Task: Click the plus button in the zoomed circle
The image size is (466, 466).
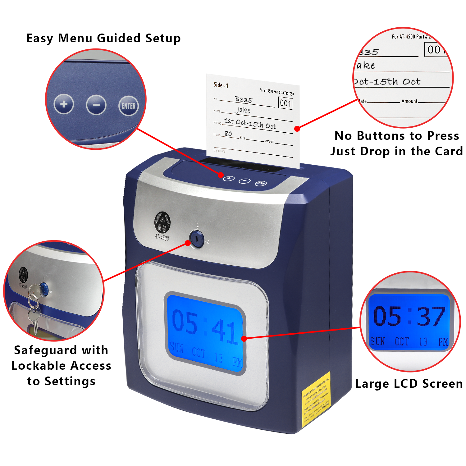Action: coord(64,104)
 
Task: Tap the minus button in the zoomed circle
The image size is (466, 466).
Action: coord(96,105)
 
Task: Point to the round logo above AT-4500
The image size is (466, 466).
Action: coord(162,222)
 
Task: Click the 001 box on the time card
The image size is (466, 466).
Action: coord(286,103)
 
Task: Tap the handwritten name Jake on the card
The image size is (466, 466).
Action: coord(242,110)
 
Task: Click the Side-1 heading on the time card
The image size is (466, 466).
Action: coord(221,85)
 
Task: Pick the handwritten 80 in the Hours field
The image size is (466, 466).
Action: coord(228,134)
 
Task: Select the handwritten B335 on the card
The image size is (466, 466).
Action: coord(244,99)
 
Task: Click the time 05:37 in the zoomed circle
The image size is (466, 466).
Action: coord(409,317)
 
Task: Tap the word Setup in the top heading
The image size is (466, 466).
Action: coord(163,38)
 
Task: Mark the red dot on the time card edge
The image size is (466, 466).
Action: coord(297,129)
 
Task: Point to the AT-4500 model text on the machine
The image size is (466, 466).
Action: coord(162,238)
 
